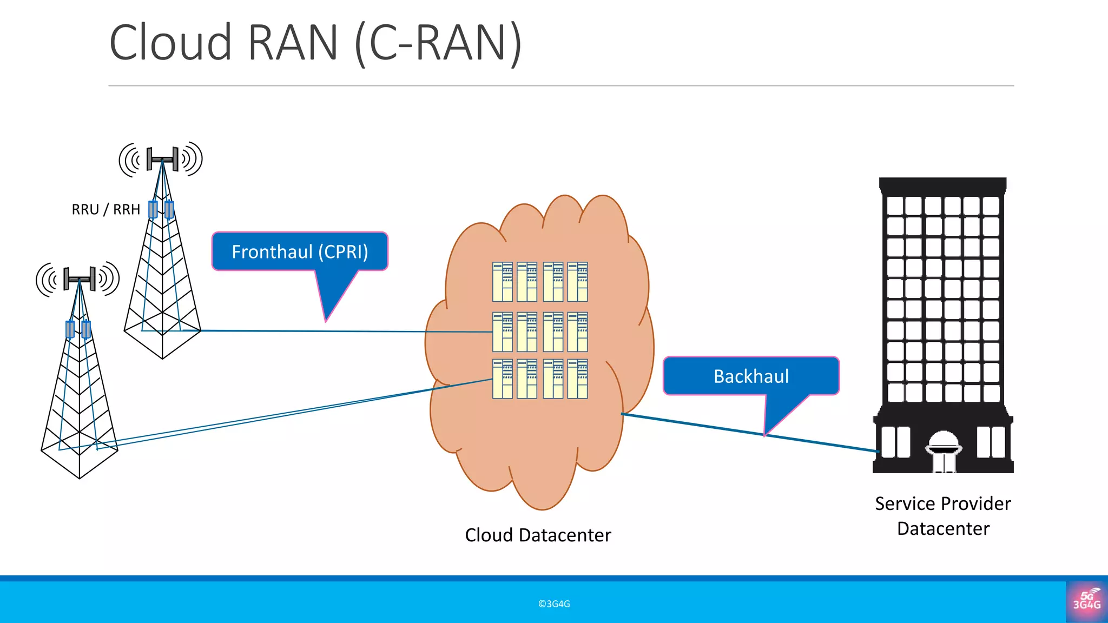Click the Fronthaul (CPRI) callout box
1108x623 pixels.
[x=300, y=251]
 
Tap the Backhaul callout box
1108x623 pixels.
[x=751, y=376]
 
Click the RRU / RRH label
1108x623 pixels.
[x=106, y=209]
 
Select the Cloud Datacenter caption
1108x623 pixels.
[x=538, y=535]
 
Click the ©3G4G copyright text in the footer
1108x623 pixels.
[x=554, y=604]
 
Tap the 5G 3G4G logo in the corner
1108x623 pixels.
[x=1086, y=601]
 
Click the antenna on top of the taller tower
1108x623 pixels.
[x=162, y=159]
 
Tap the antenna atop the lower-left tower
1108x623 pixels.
[x=79, y=279]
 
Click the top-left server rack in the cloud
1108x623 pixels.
[x=502, y=282]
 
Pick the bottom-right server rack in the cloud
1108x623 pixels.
[x=577, y=379]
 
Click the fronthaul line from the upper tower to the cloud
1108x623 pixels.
[x=325, y=331]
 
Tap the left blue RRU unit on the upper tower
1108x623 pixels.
[x=153, y=209]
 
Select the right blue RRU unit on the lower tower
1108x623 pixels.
[x=86, y=329]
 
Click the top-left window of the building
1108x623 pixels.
[x=895, y=206]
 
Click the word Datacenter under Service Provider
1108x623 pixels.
[x=943, y=528]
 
